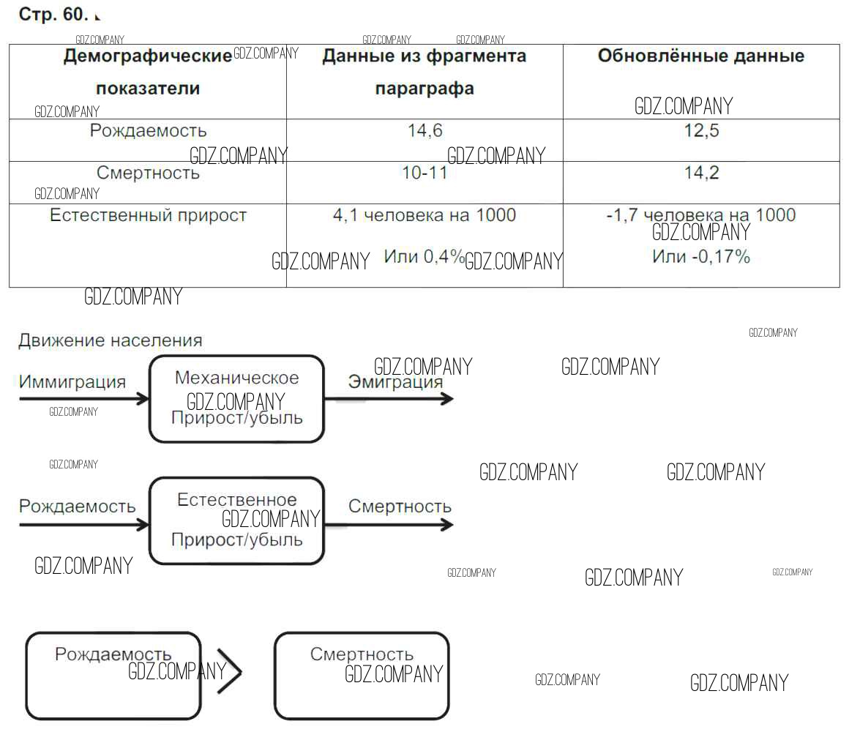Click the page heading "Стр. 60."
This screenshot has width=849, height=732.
click(53, 14)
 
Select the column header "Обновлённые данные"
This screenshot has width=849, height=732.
click(700, 56)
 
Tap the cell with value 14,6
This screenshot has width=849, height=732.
click(425, 130)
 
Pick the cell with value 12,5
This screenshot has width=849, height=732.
click(701, 130)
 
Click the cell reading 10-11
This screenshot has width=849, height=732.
click(424, 173)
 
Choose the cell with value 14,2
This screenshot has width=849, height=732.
click(701, 173)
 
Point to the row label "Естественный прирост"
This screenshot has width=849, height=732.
click(148, 215)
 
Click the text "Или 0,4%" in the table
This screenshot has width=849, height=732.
click(424, 256)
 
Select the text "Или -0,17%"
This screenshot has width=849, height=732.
click(700, 256)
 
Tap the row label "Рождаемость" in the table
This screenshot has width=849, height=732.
click(148, 130)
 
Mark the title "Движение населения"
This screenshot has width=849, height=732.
click(111, 340)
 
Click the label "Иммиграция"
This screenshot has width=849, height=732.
click(72, 382)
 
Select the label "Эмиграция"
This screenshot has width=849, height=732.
click(395, 381)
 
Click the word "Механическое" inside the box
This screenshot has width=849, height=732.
click(236, 378)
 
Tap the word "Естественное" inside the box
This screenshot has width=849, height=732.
click(236, 499)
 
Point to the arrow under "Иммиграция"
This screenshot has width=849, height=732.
click(84, 400)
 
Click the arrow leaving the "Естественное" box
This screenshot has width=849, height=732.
click(389, 525)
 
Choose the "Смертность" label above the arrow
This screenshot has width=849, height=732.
click(400, 507)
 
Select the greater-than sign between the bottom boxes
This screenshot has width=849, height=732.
click(229, 671)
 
